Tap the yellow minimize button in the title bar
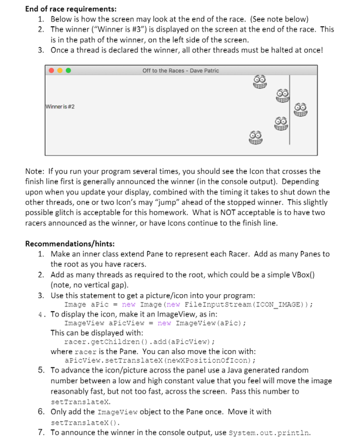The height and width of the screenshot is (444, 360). pos(60,71)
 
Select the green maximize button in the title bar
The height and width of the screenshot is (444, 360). pos(68,71)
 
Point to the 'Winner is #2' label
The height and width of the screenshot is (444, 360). pos(60,106)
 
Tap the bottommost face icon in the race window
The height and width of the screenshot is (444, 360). pos(256,137)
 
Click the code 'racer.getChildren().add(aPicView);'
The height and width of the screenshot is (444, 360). pos(139,342)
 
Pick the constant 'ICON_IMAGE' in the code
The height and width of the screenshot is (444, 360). pos(279,304)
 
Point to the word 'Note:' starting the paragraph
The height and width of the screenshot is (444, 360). pos(36,171)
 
